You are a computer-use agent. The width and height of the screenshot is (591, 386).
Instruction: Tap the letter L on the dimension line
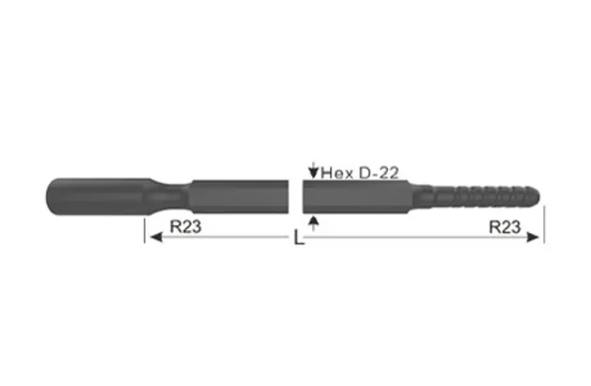click(x=298, y=239)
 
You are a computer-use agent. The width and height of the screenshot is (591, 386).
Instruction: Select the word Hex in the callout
click(x=334, y=173)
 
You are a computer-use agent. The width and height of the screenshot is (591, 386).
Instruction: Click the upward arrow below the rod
click(x=313, y=222)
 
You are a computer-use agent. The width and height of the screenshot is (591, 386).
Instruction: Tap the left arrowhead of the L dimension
click(x=151, y=239)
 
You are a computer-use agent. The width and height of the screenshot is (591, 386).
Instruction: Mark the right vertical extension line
click(x=544, y=225)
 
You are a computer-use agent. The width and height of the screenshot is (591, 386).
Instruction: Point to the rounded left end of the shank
click(x=50, y=196)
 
